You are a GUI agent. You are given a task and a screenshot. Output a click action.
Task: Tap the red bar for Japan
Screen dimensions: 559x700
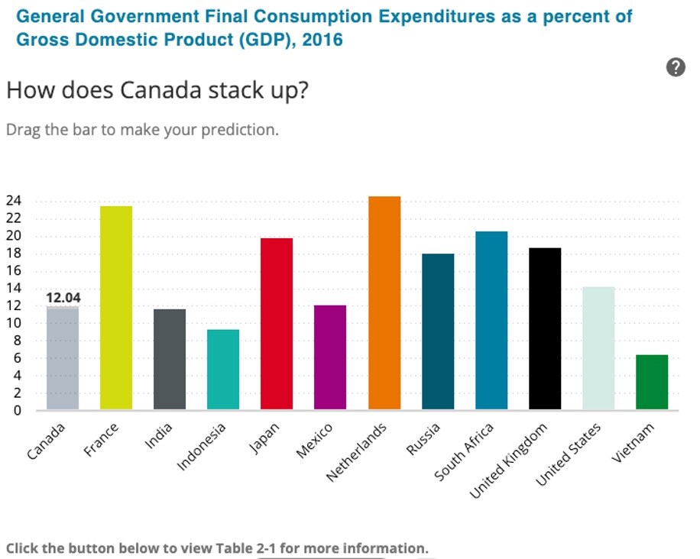coord(277,324)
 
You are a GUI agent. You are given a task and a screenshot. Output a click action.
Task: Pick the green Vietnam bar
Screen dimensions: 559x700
coord(652,382)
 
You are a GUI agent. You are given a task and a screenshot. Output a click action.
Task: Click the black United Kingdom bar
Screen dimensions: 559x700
coord(545,328)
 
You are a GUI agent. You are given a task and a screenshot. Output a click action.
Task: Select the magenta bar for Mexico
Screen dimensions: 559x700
coord(330,357)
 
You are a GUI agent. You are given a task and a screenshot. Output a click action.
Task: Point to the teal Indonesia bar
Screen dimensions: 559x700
coord(223,370)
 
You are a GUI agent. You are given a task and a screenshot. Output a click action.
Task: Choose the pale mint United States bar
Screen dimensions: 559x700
coord(598,348)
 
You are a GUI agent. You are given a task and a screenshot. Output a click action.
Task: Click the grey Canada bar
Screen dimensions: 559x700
coord(63,357)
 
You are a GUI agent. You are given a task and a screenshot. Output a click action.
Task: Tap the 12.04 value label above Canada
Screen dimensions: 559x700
coord(63,297)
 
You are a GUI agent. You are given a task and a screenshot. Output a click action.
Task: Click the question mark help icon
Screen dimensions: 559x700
coord(676,67)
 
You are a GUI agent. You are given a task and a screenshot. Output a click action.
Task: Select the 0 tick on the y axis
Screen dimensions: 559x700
coord(18,411)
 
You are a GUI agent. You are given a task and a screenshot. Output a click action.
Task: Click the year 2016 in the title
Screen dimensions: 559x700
coord(322,40)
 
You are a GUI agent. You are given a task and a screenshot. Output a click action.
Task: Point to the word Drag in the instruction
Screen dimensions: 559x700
coord(23,129)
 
